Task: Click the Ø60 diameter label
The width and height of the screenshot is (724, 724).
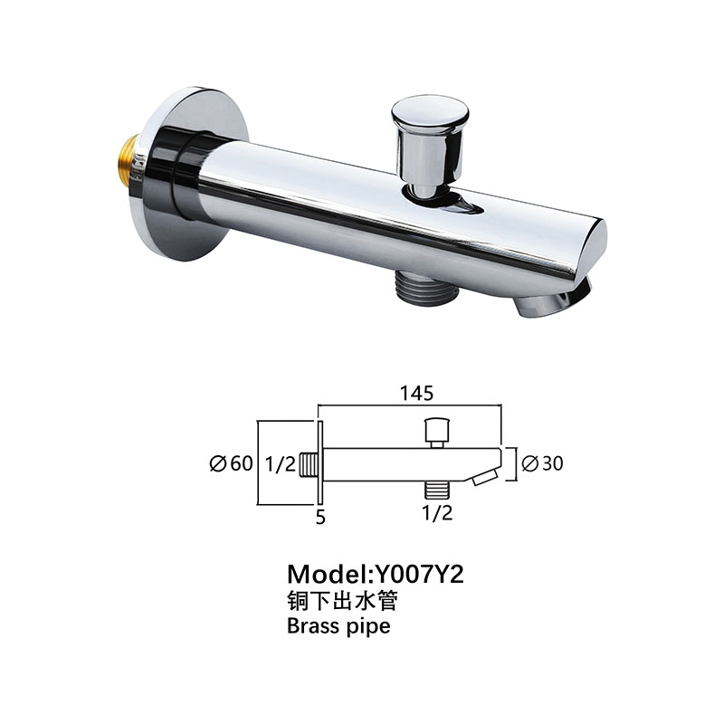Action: point(231,464)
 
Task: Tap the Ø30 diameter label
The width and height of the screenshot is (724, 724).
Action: point(543,463)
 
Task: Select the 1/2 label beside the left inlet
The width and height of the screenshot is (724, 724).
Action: point(281,464)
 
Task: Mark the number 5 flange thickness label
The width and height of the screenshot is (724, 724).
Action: point(320,519)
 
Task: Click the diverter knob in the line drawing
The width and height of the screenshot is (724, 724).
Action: point(438,429)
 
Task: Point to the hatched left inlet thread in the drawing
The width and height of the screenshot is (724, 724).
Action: point(310,464)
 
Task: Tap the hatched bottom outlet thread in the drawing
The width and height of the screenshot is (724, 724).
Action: point(438,490)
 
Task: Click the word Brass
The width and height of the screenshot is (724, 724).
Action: point(313,625)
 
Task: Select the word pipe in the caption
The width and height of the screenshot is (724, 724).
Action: point(367,627)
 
